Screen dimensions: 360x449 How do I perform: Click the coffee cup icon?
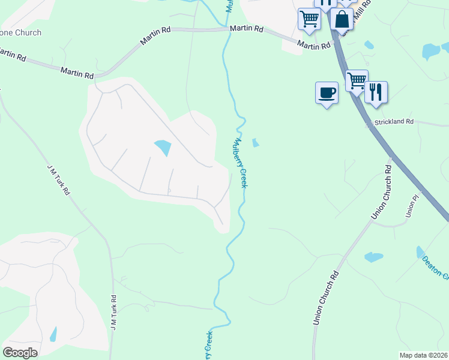click(x=327, y=92)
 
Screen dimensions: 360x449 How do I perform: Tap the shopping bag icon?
click(x=342, y=19)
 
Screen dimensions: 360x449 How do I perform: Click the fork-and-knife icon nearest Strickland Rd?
click(x=376, y=92)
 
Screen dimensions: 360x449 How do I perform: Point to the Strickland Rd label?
click(x=394, y=122)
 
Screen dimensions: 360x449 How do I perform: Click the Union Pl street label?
click(x=411, y=206)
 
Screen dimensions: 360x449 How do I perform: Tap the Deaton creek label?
click(x=435, y=267)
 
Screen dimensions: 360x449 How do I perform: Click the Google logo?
click(x=20, y=353)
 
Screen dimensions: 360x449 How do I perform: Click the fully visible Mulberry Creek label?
click(x=241, y=163)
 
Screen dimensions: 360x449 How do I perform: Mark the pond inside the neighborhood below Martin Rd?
click(x=163, y=147)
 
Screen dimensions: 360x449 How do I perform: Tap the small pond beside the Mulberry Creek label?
click(x=256, y=143)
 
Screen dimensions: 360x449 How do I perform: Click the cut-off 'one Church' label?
click(x=21, y=32)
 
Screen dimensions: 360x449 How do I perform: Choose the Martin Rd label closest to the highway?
click(x=314, y=45)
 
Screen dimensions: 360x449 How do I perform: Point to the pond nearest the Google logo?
click(x=53, y=334)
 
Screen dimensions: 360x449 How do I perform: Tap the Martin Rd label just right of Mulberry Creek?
click(x=246, y=28)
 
